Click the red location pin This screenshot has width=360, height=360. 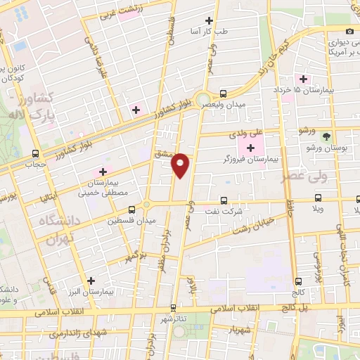click(181, 164)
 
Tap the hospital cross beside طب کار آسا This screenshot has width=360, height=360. click(209, 22)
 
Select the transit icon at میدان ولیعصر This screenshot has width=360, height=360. click(223, 94)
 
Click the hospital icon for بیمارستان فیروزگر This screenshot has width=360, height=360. click(250, 148)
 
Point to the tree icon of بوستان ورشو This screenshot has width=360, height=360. click(326, 136)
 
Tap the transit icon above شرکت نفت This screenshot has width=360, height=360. click(224, 200)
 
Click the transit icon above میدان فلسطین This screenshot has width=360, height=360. click(131, 209)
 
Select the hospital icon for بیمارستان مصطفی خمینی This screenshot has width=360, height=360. click(103, 171)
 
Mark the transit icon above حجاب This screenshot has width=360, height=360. click(35, 153)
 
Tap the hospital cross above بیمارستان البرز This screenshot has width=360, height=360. click(91, 280)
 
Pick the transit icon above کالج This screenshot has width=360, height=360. click(299, 281)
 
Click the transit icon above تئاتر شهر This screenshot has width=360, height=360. click(173, 307)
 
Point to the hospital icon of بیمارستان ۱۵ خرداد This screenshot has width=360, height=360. click(304, 79)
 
